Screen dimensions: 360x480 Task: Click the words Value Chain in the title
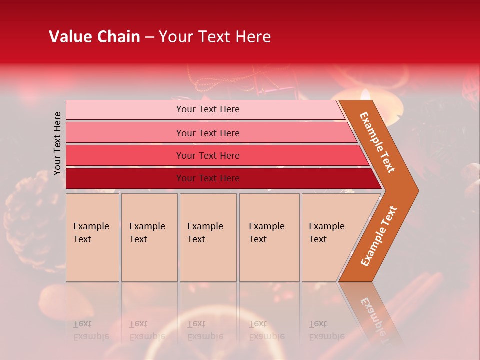(x=94, y=37)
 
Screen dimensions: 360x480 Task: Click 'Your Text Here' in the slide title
(x=215, y=37)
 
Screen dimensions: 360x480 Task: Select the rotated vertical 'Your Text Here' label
(x=57, y=143)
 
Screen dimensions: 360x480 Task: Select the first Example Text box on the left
(x=92, y=237)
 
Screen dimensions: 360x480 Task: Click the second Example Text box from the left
(x=149, y=237)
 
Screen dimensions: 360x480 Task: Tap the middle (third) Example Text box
(x=208, y=237)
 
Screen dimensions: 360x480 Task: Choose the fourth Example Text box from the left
(x=269, y=237)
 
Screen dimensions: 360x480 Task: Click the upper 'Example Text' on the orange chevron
(x=377, y=142)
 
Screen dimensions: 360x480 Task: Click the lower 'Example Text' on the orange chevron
(x=379, y=236)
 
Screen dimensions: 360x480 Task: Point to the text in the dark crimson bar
(x=208, y=178)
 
